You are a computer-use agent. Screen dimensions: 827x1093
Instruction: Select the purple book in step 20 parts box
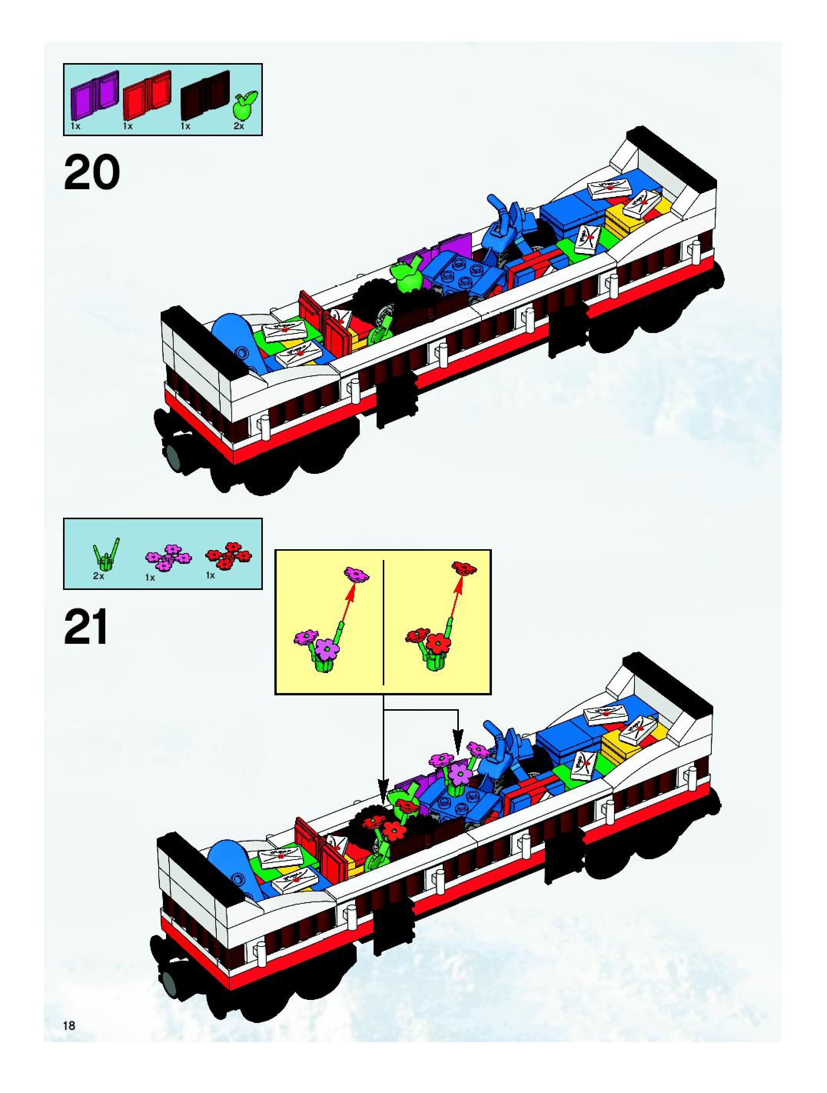[95, 90]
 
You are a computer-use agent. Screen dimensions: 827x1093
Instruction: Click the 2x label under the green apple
[239, 127]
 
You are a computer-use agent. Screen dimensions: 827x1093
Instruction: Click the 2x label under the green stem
[99, 576]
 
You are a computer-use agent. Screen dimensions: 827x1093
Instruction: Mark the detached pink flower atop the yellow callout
[357, 574]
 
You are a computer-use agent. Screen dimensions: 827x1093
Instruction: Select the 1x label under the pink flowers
[150, 577]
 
